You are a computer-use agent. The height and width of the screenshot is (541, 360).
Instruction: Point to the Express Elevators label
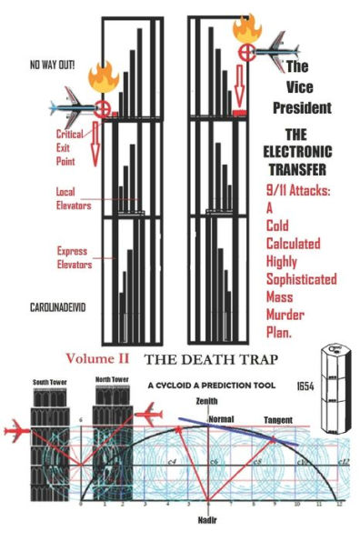point(75,253)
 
